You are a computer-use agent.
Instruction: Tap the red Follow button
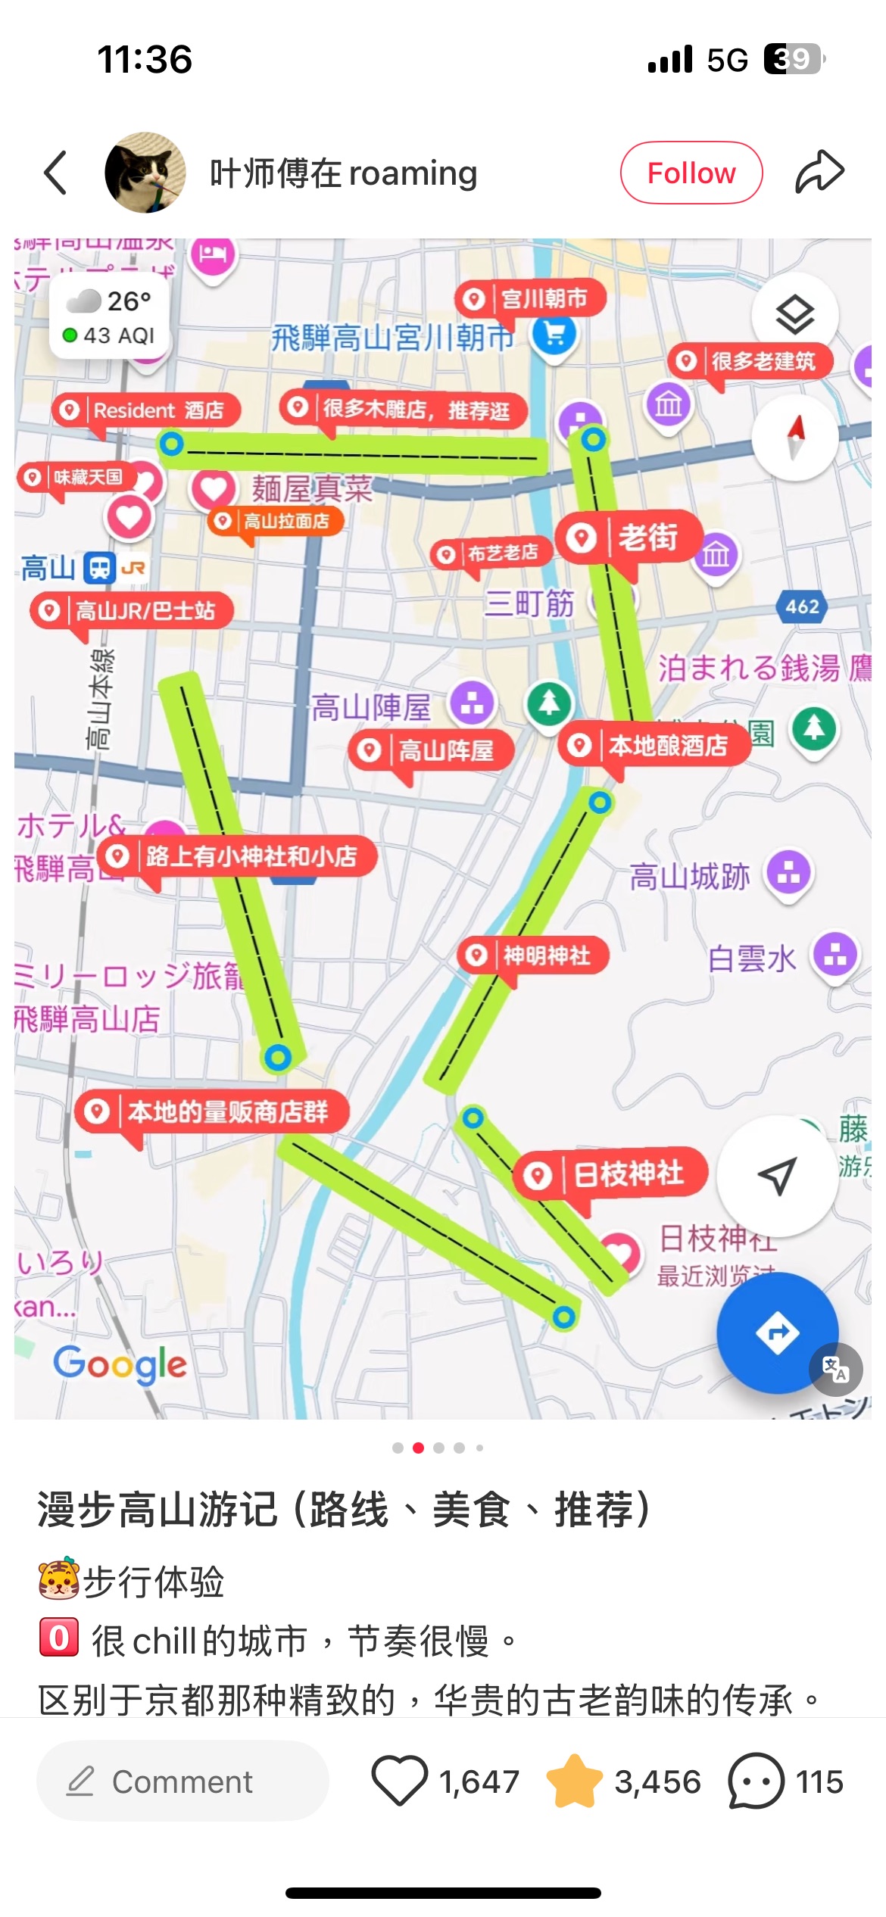click(x=691, y=173)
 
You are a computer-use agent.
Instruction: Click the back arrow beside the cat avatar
click(x=56, y=173)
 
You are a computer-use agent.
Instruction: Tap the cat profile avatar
click(x=145, y=173)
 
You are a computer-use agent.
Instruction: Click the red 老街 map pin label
click(x=629, y=538)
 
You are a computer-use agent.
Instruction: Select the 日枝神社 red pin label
click(x=612, y=1174)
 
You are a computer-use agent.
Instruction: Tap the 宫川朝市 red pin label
click(x=531, y=299)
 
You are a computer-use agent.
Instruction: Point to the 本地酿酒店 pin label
click(x=654, y=746)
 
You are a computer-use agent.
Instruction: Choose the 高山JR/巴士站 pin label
click(x=132, y=610)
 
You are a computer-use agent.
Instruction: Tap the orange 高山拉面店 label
click(x=276, y=521)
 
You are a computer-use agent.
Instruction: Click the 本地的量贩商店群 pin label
click(x=212, y=1111)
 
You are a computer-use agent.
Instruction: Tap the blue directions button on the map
click(x=777, y=1333)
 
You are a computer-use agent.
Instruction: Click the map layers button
click(x=794, y=314)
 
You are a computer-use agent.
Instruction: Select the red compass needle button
click(x=794, y=437)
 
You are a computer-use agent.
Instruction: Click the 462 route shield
click(x=802, y=606)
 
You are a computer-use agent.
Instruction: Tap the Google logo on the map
click(x=120, y=1364)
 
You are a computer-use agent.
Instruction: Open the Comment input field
click(x=183, y=1781)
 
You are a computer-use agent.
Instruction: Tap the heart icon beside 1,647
click(x=399, y=1781)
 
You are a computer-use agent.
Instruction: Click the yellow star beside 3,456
click(x=574, y=1781)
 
